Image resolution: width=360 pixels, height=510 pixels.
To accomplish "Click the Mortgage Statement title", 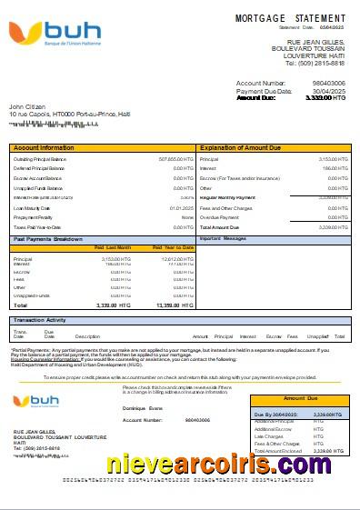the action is click(x=290, y=18).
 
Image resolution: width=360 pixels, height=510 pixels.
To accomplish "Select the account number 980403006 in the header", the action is click(x=328, y=84).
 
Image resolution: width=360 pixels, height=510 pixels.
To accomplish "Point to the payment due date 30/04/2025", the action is click(x=330, y=91).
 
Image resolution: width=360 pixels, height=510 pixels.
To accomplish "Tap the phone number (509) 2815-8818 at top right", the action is click(x=315, y=63).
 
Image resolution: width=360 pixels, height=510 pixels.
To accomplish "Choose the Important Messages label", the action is click(x=223, y=238).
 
